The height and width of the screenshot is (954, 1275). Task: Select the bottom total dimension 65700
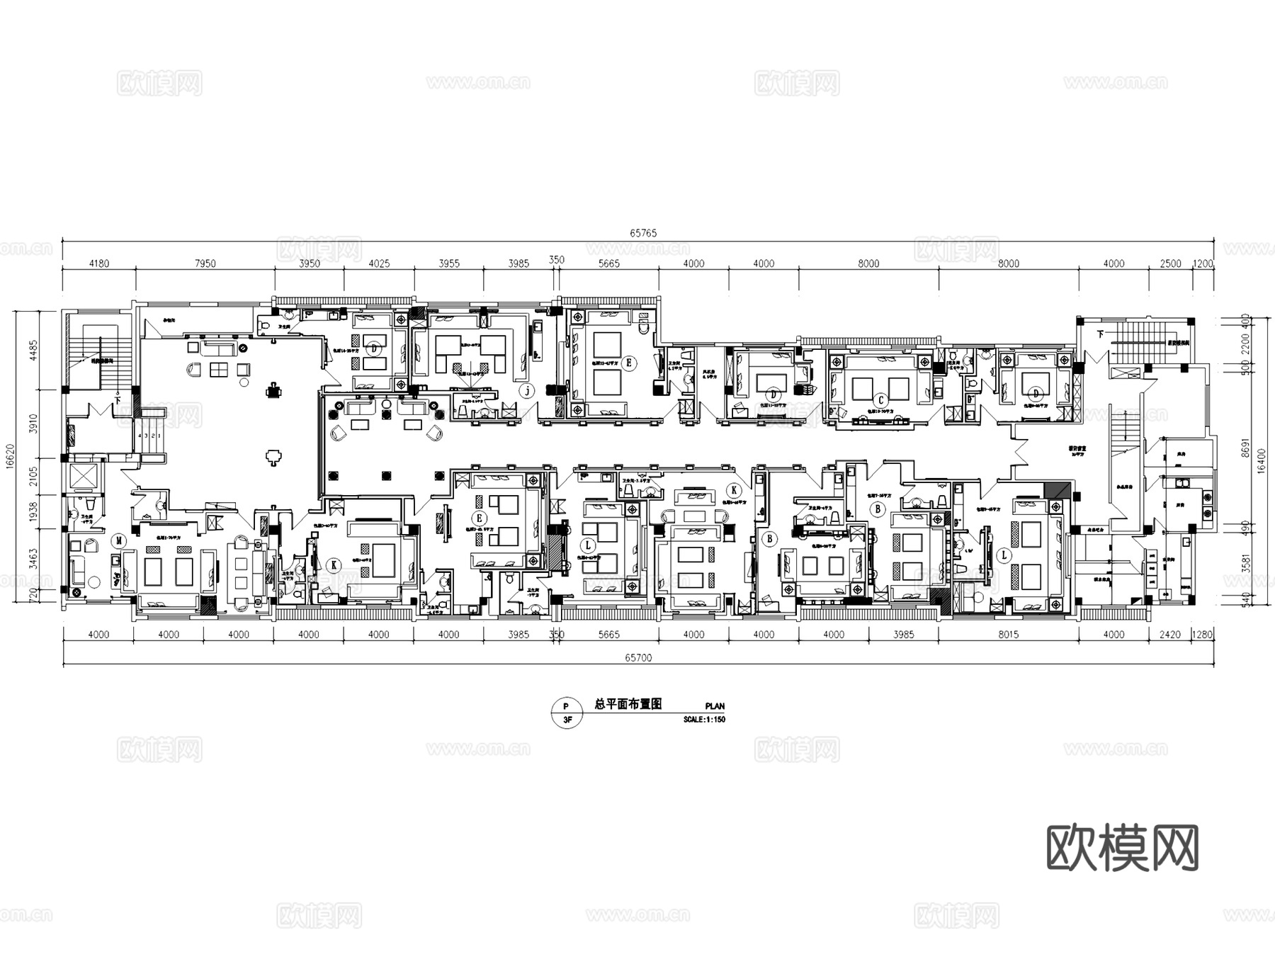point(638,658)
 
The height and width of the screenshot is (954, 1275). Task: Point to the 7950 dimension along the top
point(205,264)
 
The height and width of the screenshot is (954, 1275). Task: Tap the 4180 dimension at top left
point(98,264)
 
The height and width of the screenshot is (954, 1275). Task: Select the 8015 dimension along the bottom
point(1008,635)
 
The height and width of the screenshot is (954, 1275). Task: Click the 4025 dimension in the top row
point(379,264)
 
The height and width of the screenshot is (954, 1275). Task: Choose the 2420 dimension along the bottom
point(1170,635)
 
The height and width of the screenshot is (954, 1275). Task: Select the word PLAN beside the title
point(715,707)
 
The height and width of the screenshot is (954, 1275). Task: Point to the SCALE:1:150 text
point(704,720)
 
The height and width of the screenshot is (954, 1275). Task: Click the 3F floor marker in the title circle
point(567,720)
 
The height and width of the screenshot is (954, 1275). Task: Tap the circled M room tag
point(119,541)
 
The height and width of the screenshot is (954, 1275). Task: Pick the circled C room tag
point(880,399)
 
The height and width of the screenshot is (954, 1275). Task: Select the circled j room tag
point(526,391)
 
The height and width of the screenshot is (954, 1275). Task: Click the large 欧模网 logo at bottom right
point(1122,848)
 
